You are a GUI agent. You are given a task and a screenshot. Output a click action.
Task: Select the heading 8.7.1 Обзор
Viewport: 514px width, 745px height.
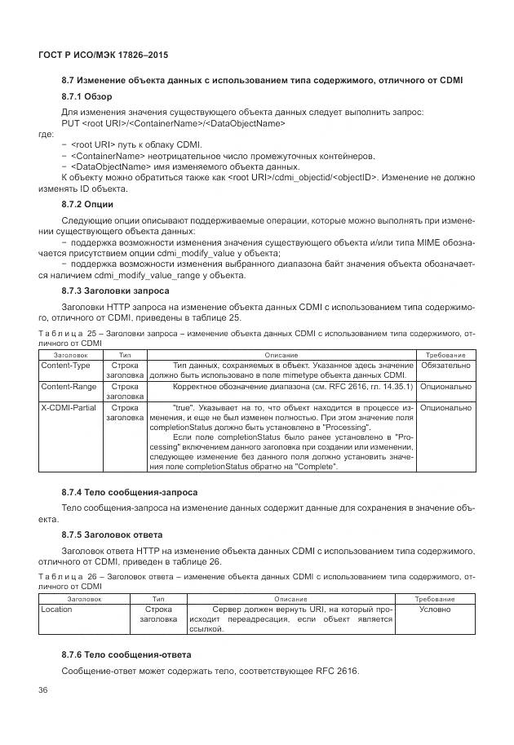[86, 96]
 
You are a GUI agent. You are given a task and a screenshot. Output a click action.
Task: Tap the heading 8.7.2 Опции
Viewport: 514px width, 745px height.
[87, 203]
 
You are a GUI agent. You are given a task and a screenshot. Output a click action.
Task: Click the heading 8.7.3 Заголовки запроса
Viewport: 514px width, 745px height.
[116, 290]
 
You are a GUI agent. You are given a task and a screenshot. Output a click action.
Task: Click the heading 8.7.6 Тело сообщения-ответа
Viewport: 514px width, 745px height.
[126, 654]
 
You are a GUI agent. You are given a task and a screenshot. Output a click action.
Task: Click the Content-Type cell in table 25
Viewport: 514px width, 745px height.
[65, 365]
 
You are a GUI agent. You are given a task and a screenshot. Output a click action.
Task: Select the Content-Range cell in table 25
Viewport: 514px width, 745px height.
[68, 386]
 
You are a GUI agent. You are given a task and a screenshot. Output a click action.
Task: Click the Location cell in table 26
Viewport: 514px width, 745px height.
[56, 609]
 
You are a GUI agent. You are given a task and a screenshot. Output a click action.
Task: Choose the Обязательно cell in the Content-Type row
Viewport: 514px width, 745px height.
[445, 365]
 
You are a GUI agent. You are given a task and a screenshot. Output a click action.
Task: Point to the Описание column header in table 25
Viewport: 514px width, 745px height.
[281, 355]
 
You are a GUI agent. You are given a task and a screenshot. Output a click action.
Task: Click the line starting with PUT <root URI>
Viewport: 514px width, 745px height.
[173, 123]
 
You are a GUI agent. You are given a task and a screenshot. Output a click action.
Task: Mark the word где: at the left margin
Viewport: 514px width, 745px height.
[47, 134]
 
